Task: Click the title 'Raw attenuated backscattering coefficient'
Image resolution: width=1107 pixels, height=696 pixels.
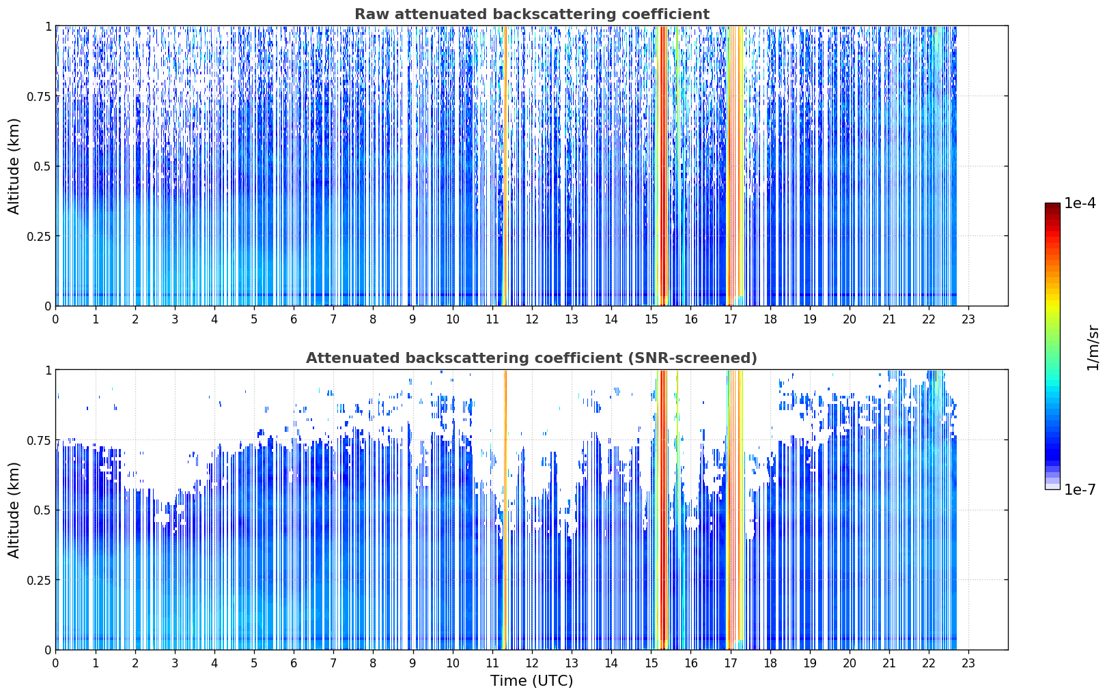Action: pyautogui.click(x=532, y=14)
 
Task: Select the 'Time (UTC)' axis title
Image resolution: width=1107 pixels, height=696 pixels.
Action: pyautogui.click(x=532, y=681)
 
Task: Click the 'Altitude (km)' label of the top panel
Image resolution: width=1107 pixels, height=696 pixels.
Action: pyautogui.click(x=14, y=166)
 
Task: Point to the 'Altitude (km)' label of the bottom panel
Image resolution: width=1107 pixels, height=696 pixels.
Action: pyautogui.click(x=14, y=510)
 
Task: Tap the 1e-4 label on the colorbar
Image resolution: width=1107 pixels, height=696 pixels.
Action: pyautogui.click(x=1080, y=203)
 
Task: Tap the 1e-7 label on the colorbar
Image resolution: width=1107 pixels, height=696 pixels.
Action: pyautogui.click(x=1080, y=490)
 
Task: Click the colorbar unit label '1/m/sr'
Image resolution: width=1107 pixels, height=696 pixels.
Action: pyautogui.click(x=1093, y=347)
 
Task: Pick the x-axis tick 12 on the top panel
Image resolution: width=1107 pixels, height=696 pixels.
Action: pyautogui.click(x=532, y=319)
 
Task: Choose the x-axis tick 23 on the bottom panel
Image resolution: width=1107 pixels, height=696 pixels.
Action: pyautogui.click(x=968, y=663)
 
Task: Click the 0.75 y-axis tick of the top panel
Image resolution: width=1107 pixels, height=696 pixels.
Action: pyautogui.click(x=38, y=96)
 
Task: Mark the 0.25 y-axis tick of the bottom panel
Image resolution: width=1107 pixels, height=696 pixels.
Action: pyautogui.click(x=38, y=580)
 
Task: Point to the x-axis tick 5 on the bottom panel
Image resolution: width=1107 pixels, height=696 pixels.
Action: pyautogui.click(x=254, y=663)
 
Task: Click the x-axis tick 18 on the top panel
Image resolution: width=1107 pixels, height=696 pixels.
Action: pyautogui.click(x=770, y=319)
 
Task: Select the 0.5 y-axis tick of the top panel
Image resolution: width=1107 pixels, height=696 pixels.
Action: pyautogui.click(x=42, y=166)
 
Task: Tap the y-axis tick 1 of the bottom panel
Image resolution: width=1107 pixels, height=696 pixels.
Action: pyautogui.click(x=48, y=371)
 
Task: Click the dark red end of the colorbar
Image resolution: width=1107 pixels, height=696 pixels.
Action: pyautogui.click(x=1052, y=206)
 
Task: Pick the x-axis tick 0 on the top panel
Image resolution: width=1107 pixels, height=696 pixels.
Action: pyautogui.click(x=55, y=319)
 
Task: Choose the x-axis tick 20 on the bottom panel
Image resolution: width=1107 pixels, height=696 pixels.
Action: pyautogui.click(x=850, y=663)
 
